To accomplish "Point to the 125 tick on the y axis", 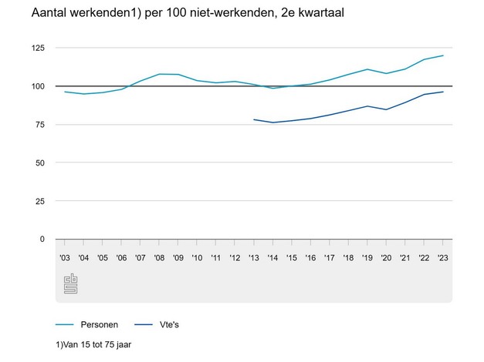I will pyautogui.click(x=38, y=48).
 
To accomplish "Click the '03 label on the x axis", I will pyautogui.click(x=65, y=257).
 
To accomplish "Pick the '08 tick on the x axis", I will pyautogui.click(x=160, y=257).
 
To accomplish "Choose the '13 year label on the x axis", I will pyautogui.click(x=254, y=257).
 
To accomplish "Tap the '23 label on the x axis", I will pyautogui.click(x=443, y=257).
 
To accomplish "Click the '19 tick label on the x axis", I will pyautogui.click(x=367, y=257).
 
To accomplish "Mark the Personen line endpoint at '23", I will pyautogui.click(x=443, y=55).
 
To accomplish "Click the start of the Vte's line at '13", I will pyautogui.click(x=254, y=119).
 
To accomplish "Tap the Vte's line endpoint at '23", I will pyautogui.click(x=443, y=92).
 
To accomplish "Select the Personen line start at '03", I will pyautogui.click(x=65, y=92).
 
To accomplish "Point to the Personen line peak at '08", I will pyautogui.click(x=160, y=74).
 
